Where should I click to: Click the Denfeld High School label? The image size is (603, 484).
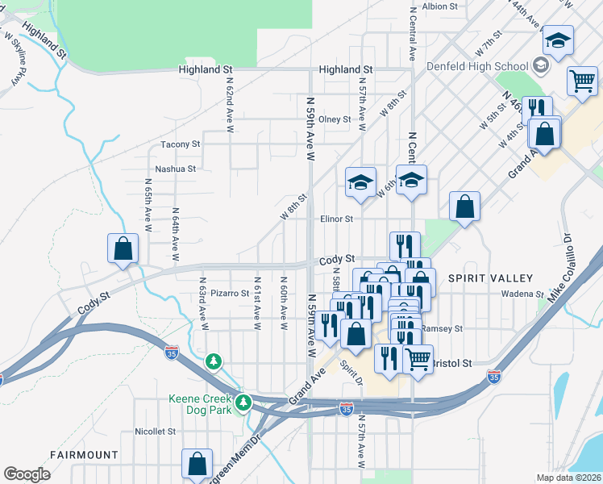pyautogui.click(x=488, y=66)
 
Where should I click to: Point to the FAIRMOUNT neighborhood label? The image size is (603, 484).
pyautogui.click(x=84, y=455)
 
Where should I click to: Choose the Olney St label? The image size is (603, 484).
pyautogui.click(x=335, y=119)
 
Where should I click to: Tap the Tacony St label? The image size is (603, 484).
pyautogui.click(x=180, y=144)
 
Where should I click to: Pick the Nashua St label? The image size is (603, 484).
pyautogui.click(x=176, y=169)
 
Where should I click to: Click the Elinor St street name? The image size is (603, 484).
pyautogui.click(x=337, y=219)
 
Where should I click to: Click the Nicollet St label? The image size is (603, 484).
pyautogui.click(x=155, y=432)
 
